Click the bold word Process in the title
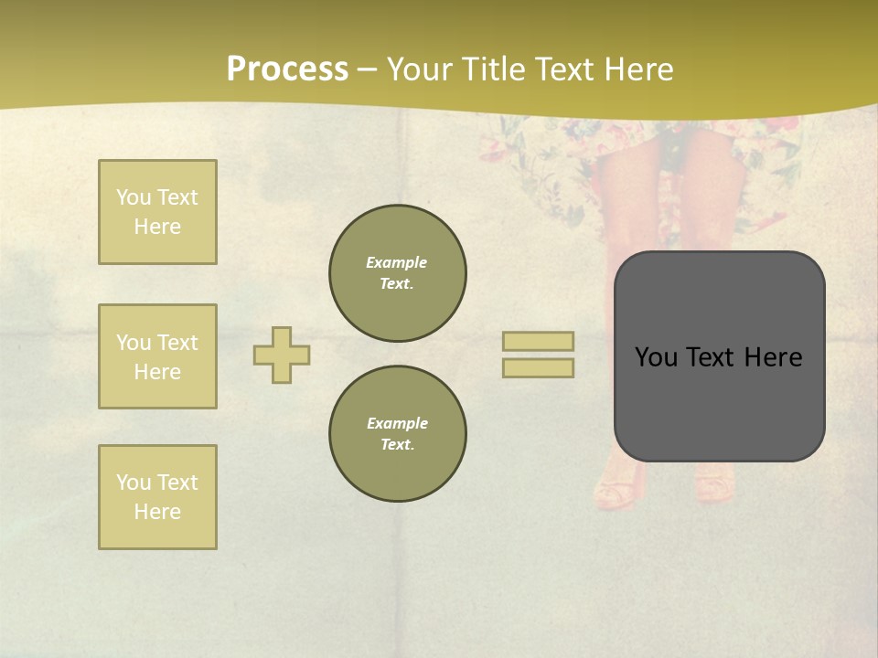[x=287, y=69]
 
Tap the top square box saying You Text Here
[x=157, y=212]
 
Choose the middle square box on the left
[x=157, y=356]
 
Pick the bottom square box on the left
[x=157, y=497]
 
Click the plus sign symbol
[x=282, y=355]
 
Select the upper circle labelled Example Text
[x=397, y=272]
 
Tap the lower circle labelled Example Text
[x=397, y=433]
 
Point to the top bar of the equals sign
[x=538, y=341]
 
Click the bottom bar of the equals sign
[x=538, y=367]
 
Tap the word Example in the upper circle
[x=396, y=262]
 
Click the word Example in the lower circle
[x=397, y=423]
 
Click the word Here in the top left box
[x=157, y=227]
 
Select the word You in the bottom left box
[x=134, y=483]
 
